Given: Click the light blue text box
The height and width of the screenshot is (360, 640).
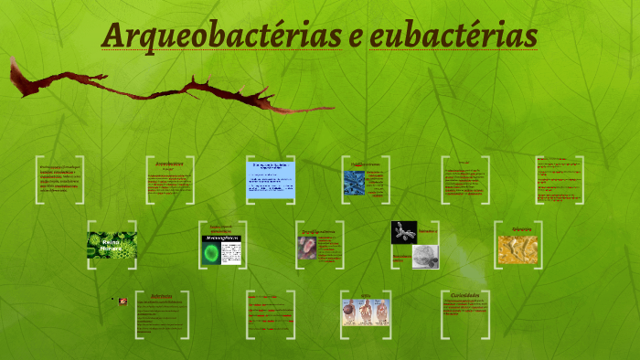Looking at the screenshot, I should click(271, 179).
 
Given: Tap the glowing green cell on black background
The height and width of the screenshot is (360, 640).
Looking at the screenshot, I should click(222, 251).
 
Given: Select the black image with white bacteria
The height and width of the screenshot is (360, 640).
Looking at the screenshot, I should click(404, 232).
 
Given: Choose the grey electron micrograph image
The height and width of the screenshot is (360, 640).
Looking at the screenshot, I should click(425, 257).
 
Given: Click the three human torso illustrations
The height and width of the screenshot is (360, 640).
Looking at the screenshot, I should click(366, 313).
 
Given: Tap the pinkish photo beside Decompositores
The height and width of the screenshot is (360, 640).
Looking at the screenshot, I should click(307, 248).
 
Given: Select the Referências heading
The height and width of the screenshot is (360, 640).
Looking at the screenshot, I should click(161, 296).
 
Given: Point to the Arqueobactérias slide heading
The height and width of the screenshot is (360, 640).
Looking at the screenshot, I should click(169, 164).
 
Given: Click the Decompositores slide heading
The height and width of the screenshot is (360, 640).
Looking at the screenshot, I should click(318, 232).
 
